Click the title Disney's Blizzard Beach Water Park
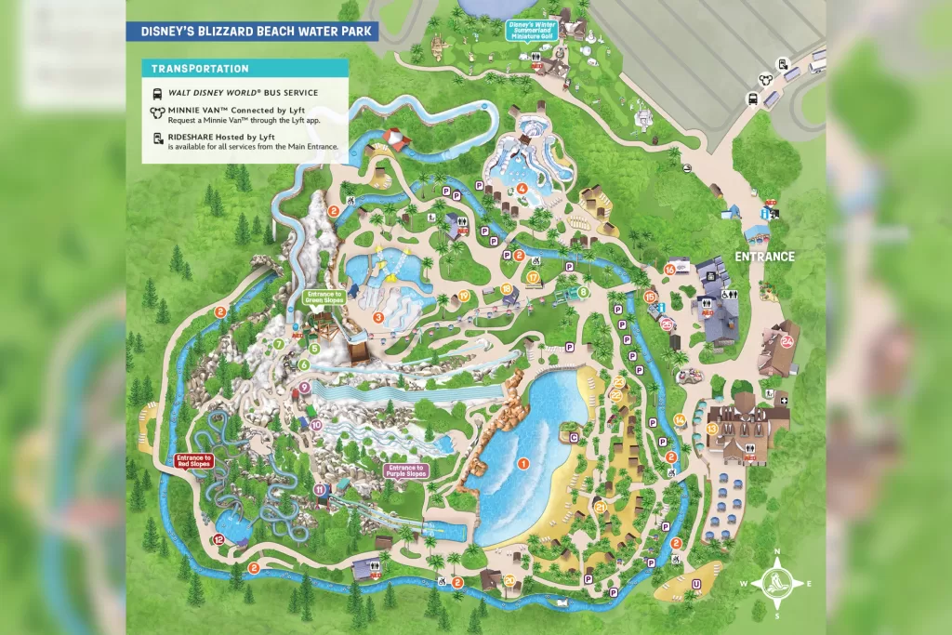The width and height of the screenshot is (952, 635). tap(251, 31)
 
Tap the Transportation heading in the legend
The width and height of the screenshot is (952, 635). tap(200, 69)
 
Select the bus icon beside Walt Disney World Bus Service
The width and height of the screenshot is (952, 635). tap(157, 93)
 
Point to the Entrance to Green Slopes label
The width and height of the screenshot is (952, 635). tap(324, 298)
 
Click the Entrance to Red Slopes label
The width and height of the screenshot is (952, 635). tap(193, 462)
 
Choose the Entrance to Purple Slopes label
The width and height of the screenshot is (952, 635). tap(406, 471)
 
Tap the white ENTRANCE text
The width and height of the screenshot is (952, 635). tap(765, 257)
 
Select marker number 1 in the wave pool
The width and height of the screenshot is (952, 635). tap(522, 463)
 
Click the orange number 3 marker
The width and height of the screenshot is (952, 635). tap(378, 317)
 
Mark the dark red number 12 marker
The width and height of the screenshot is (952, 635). tap(218, 539)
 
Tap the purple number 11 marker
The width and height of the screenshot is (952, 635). tap(319, 489)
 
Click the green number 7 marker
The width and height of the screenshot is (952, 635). tap(279, 344)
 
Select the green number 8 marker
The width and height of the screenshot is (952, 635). tap(583, 292)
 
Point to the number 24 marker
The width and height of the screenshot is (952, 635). tap(787, 341)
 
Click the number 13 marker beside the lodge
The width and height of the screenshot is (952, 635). tap(711, 429)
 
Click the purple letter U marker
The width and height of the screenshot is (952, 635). tap(695, 583)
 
